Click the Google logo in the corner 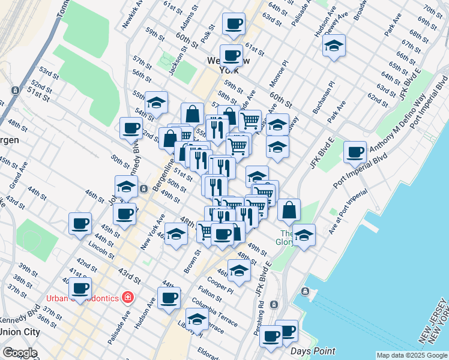[20, 353]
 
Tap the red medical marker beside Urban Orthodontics [127, 297]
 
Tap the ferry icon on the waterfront [306, 292]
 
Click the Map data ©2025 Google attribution [412, 355]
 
